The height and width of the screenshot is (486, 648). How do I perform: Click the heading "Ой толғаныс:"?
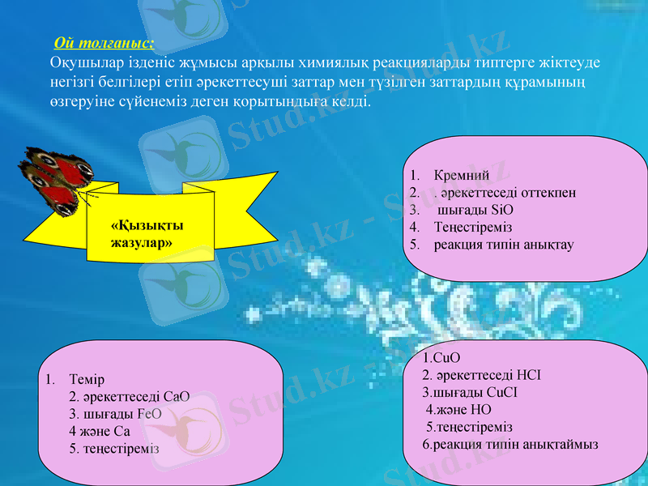pos(104,42)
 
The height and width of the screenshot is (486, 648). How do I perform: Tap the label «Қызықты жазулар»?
pos(147,234)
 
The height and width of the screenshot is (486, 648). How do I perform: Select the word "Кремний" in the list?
pos(461,175)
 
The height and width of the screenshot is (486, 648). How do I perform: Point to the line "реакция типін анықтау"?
pos(503,245)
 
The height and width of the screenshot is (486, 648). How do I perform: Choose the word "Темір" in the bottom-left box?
pos(87,379)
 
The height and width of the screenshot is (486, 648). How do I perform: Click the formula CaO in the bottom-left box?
pos(176,396)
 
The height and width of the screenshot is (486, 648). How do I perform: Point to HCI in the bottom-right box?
pos(526,375)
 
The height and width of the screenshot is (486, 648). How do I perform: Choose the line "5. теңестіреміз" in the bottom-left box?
pos(114,448)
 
